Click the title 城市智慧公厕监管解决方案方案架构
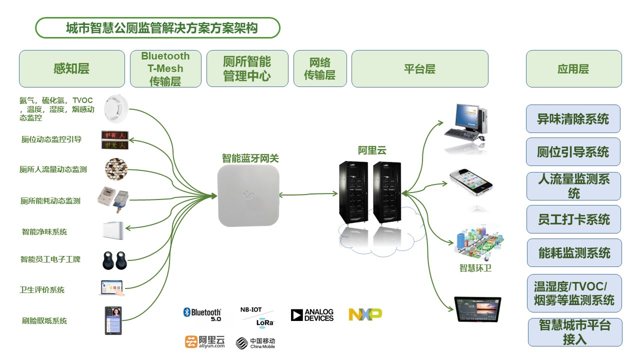click(157, 28)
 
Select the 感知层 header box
click(71, 69)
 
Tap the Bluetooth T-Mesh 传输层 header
click(165, 69)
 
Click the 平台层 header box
click(419, 69)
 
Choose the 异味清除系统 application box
click(573, 119)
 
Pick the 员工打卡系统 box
click(573, 219)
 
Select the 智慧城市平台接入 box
click(575, 332)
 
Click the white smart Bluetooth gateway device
click(248, 196)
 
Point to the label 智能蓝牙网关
click(250, 158)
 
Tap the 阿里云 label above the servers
click(372, 150)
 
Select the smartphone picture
click(470, 181)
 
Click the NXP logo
click(365, 314)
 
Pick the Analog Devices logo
click(312, 315)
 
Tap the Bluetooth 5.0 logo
click(202, 314)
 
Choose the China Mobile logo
click(255, 343)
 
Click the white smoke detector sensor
click(116, 109)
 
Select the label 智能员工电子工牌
click(50, 259)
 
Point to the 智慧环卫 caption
click(475, 268)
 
